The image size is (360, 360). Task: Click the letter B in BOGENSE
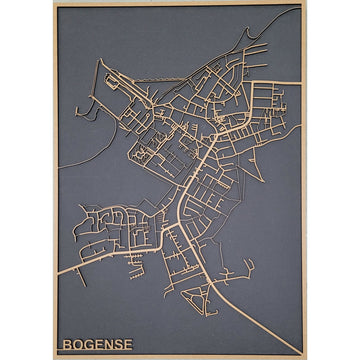(x=66, y=344)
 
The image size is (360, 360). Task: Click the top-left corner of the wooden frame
(x=54, y=4)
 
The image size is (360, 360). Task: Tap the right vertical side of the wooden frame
(x=303, y=180)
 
